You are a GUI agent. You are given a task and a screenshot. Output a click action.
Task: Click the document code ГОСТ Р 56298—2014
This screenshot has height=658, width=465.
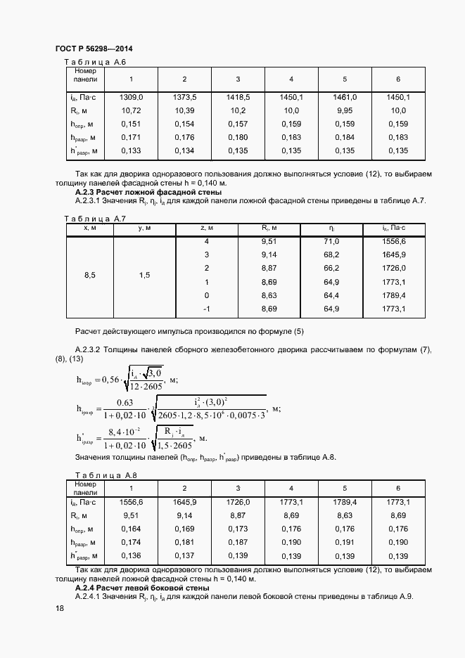pyautogui.click(x=94, y=49)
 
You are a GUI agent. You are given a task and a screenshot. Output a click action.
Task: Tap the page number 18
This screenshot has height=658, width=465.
pyautogui.click(x=60, y=609)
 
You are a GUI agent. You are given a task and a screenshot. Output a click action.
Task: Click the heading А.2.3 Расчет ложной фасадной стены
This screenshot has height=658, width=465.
pyautogui.click(x=148, y=192)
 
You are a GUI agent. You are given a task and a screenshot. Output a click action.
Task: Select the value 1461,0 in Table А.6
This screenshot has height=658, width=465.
pyautogui.click(x=345, y=97)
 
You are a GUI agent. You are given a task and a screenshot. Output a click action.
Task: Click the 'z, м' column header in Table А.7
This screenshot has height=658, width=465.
pyautogui.click(x=207, y=228)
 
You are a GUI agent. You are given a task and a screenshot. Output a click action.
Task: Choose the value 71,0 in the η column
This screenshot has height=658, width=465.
pyautogui.click(x=331, y=241)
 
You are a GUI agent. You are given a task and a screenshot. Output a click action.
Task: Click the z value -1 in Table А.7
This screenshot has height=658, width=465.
pyautogui.click(x=207, y=309)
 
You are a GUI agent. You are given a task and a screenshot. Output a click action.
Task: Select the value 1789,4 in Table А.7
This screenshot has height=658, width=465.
pyautogui.click(x=394, y=295)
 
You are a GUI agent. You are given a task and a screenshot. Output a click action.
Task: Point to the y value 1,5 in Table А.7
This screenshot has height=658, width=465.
pyautogui.click(x=144, y=275)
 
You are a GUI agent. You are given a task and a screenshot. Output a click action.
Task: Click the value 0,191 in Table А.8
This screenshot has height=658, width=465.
pyautogui.click(x=345, y=543)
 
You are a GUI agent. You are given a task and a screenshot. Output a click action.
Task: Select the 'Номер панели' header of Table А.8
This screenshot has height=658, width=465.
pyautogui.click(x=85, y=489)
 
